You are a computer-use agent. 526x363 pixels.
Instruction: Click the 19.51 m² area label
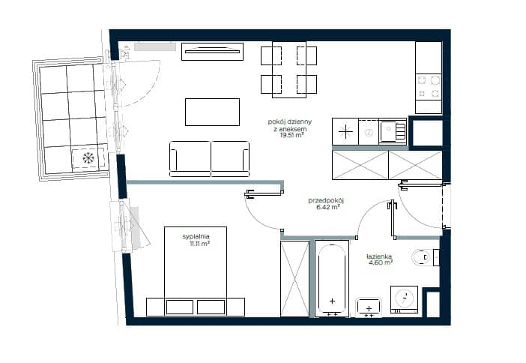tap(292, 135)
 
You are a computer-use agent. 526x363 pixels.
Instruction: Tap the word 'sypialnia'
tap(196, 236)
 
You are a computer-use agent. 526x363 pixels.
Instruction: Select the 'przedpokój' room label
tap(326, 200)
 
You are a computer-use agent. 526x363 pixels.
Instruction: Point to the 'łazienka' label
tap(379, 256)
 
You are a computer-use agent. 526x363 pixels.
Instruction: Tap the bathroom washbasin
tap(369, 307)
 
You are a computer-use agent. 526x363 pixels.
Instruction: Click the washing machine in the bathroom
tap(404, 299)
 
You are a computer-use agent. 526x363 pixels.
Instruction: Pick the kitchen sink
tap(393, 132)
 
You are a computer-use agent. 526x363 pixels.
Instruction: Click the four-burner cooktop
tap(429, 87)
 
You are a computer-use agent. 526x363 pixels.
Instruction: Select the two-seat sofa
tap(209, 159)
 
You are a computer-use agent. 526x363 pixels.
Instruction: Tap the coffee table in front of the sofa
tap(212, 112)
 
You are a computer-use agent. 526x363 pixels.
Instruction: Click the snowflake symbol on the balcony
tap(88, 157)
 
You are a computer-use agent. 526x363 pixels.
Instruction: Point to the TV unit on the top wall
tap(212, 52)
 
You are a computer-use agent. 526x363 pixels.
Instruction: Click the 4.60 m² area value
tap(381, 262)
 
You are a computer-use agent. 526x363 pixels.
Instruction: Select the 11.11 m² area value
tap(199, 244)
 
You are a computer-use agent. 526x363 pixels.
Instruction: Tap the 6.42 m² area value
tap(328, 207)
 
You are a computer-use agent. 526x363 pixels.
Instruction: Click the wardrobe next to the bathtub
tap(295, 278)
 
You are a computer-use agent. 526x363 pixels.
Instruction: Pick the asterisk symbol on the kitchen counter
tap(345, 131)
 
